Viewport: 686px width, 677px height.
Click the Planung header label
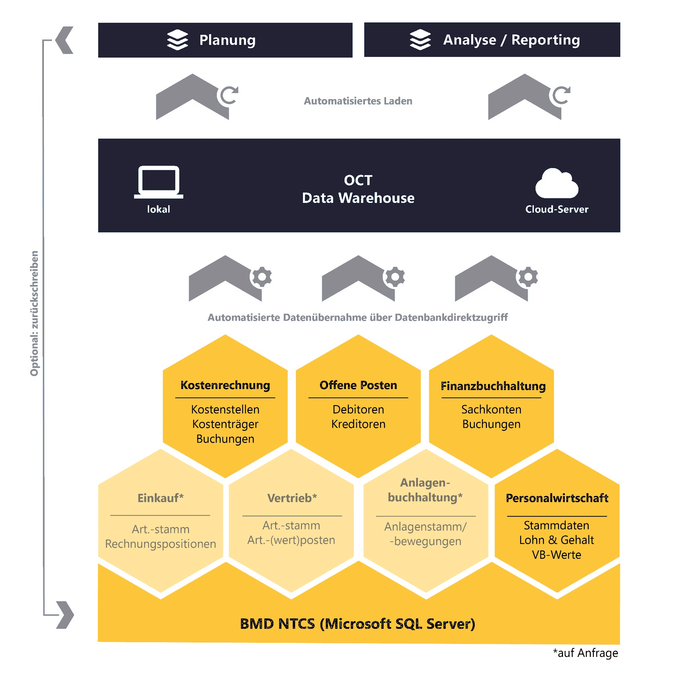click(x=227, y=40)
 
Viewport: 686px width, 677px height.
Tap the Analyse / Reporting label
click(x=511, y=40)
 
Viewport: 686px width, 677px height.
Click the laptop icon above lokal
click(x=159, y=182)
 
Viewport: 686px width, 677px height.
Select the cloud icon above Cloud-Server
click(x=556, y=183)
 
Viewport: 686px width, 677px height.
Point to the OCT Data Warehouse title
click(x=358, y=189)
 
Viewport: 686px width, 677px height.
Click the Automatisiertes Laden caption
click(x=358, y=101)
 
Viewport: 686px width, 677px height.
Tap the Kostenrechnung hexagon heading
click(x=225, y=385)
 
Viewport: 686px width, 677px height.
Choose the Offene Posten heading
click(x=358, y=385)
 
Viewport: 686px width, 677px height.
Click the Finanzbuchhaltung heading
click(x=493, y=386)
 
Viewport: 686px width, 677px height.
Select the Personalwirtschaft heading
click(x=557, y=498)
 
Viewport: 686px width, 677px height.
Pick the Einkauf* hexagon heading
click(x=161, y=498)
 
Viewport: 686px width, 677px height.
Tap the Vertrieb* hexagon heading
click(x=292, y=498)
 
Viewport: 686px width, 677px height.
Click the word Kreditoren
click(x=358, y=424)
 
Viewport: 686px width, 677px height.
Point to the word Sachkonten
click(x=491, y=409)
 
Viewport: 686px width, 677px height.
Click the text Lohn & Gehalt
click(x=556, y=540)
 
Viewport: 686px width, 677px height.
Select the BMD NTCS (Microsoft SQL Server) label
click(x=357, y=624)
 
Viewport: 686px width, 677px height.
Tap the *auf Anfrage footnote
click(x=585, y=653)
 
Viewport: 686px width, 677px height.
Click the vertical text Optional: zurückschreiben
click(x=34, y=313)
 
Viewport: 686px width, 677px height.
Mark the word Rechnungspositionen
click(x=161, y=544)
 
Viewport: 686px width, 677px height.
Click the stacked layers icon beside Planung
click(x=177, y=40)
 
